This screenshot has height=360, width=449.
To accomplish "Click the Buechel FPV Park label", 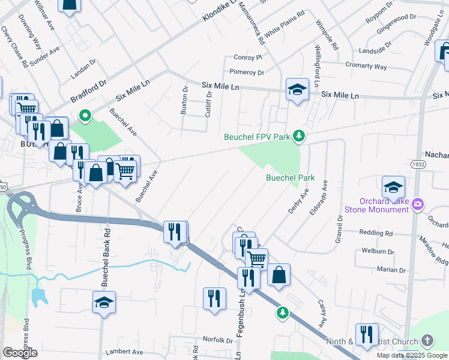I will pyautogui.click(x=257, y=137).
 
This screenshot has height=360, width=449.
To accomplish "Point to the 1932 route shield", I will pyautogui.click(x=418, y=164).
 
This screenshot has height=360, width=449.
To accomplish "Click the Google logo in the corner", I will pyautogui.click(x=20, y=353).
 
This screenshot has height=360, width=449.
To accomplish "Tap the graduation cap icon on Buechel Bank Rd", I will pyautogui.click(x=104, y=304).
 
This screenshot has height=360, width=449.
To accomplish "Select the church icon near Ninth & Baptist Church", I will pyautogui.click(x=427, y=341).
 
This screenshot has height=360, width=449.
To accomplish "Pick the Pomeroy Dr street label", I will pyautogui.click(x=247, y=72).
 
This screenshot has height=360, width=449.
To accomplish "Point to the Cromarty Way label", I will pyautogui.click(x=366, y=66).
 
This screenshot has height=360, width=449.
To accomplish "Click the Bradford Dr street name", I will pyautogui.click(x=88, y=90).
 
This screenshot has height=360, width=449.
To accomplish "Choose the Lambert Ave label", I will pyautogui.click(x=125, y=352).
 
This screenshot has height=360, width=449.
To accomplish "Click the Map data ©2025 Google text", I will pyautogui.click(x=412, y=355).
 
